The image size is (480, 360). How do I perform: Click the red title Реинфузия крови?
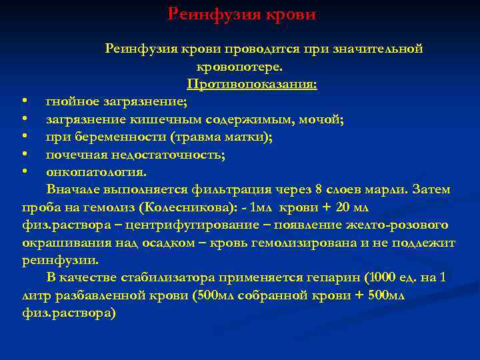pos(241,13)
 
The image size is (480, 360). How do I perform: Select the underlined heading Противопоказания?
pos(252,85)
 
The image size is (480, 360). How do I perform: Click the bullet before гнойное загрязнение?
pos(24,102)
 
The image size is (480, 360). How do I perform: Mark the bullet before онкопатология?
pos(24,171)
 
